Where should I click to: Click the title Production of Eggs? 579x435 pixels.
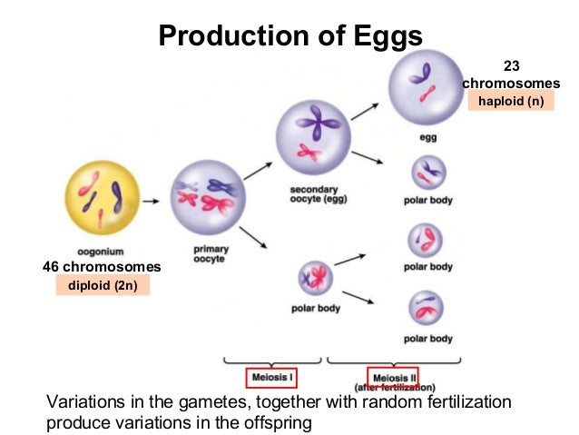click(289, 35)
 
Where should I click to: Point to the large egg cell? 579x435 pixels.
click(426, 86)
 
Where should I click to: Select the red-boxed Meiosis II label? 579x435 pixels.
click(393, 376)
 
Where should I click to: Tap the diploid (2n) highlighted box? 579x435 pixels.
click(102, 285)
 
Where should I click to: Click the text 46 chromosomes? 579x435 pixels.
click(102, 267)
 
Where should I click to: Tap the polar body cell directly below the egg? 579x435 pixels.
click(428, 172)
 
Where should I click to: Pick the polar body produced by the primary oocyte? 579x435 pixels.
click(315, 275)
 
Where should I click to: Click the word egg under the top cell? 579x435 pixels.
click(427, 137)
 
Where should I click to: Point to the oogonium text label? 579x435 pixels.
click(102, 251)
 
